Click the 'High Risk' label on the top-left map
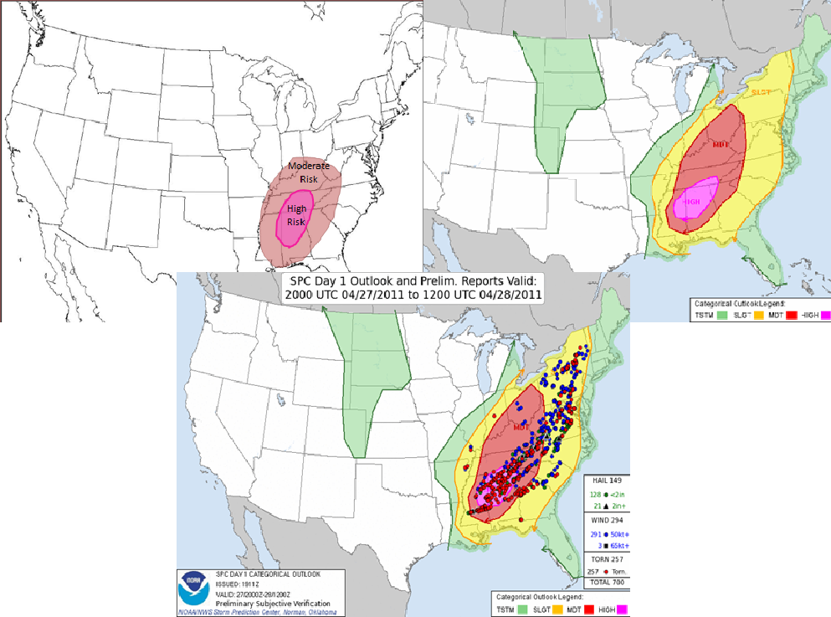(295, 215)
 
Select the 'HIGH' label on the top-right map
(692, 201)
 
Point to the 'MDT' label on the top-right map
(721, 143)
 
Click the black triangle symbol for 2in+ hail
(605, 506)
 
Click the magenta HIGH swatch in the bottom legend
(623, 609)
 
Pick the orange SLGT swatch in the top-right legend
(759, 315)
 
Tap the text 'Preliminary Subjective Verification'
(262, 604)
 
